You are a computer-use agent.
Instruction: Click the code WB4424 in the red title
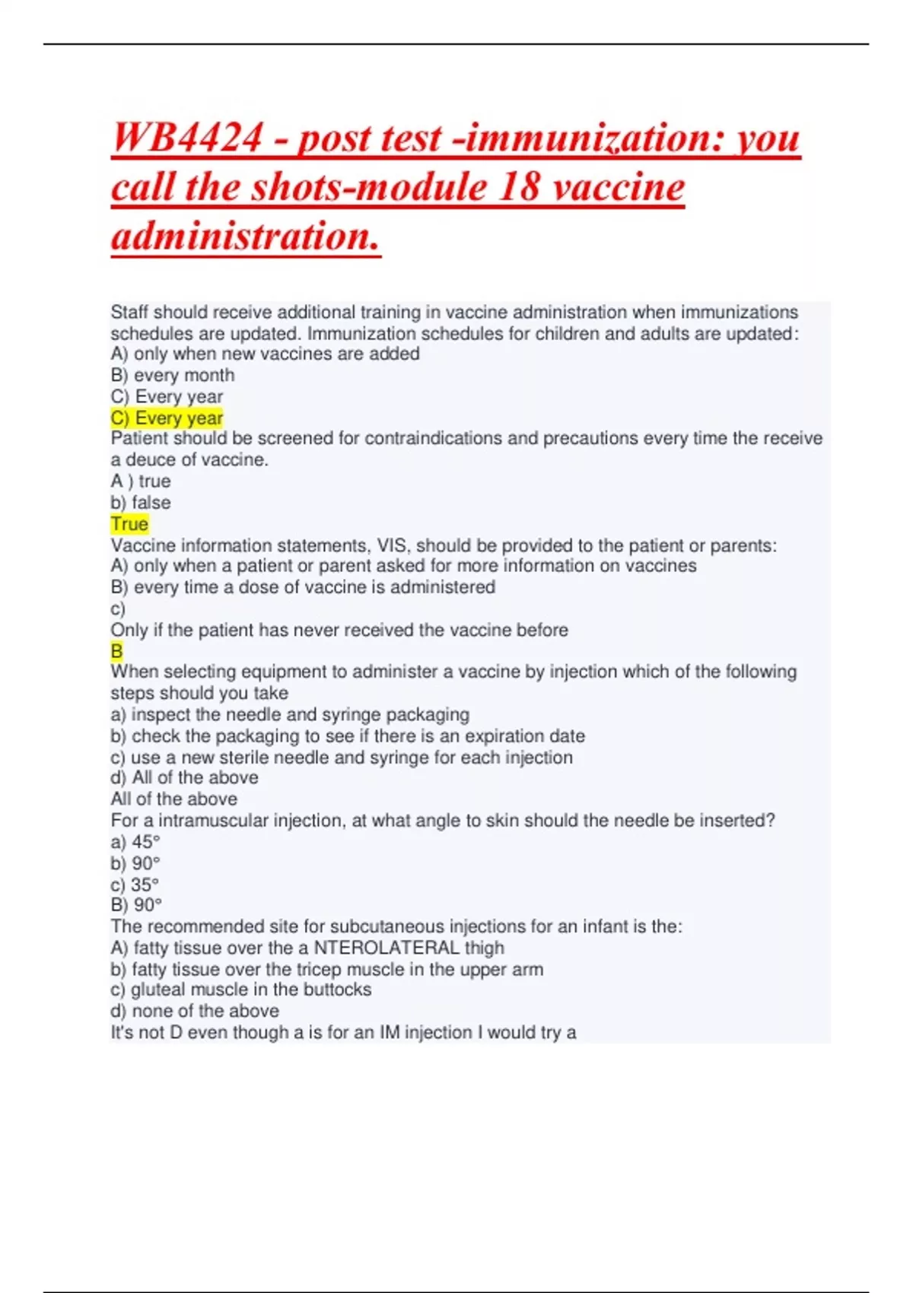(187, 138)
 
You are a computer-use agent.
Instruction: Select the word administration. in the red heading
(246, 236)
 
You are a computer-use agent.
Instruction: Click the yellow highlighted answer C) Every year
(167, 418)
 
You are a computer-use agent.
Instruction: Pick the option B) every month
(173, 375)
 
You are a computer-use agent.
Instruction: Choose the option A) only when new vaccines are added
(265, 354)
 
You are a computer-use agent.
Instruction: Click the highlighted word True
(129, 524)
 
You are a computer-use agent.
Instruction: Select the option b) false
(141, 503)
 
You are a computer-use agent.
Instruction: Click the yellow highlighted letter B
(116, 651)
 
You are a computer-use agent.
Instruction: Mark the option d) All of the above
(184, 777)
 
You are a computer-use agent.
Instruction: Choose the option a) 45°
(135, 842)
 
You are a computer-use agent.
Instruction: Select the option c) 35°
(135, 885)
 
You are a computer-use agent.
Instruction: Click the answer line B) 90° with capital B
(136, 905)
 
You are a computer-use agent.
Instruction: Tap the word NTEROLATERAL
(387, 948)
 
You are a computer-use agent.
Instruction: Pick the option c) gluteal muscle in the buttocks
(241, 990)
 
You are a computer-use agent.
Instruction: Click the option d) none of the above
(195, 1011)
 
